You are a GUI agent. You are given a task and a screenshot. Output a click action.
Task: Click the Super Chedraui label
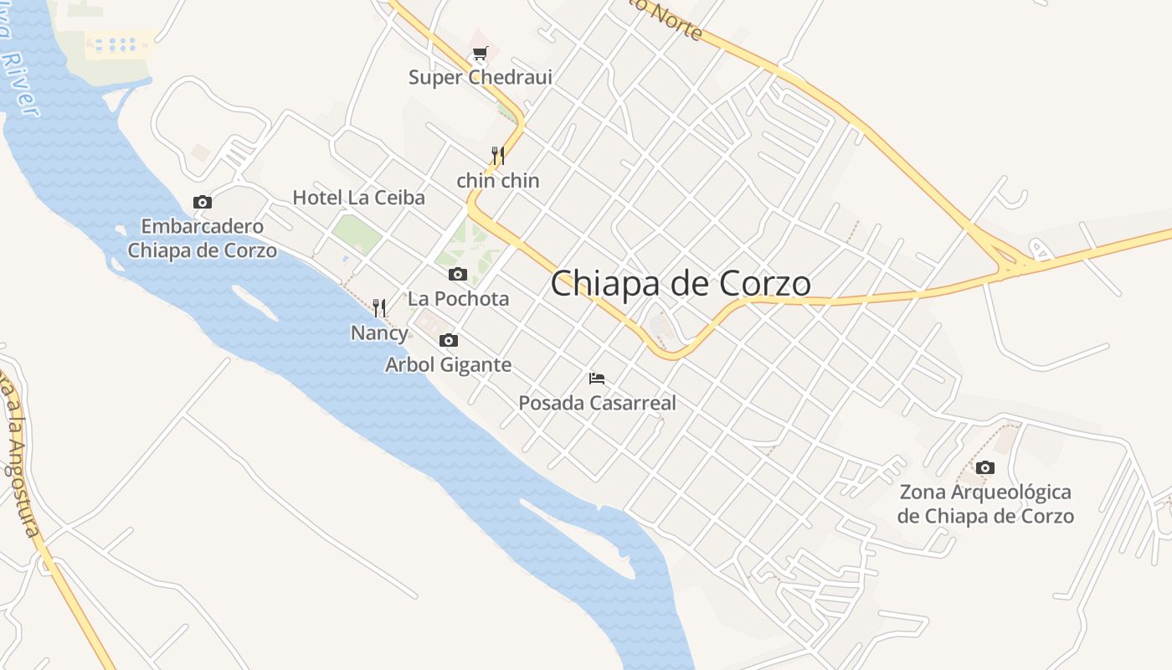[x=481, y=77]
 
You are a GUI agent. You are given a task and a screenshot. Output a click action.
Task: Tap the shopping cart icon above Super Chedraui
[x=480, y=54]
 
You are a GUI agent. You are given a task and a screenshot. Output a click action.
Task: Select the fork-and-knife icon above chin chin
[x=498, y=155]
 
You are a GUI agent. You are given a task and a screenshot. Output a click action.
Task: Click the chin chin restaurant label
[x=498, y=180]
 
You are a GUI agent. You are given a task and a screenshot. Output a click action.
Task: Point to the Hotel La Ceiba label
[x=358, y=198]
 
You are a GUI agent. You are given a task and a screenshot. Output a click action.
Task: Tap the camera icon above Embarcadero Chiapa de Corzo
[x=203, y=202]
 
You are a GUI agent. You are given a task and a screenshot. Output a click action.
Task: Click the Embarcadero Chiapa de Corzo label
[x=202, y=238]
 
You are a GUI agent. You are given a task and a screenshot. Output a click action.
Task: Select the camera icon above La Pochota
[x=458, y=274]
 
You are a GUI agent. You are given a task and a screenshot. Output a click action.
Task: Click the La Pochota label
[x=458, y=298]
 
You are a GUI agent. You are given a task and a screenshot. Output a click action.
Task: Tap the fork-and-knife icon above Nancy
[x=379, y=308]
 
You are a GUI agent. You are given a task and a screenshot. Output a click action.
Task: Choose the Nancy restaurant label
[x=379, y=332]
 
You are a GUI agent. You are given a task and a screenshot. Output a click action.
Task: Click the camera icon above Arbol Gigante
[x=449, y=340]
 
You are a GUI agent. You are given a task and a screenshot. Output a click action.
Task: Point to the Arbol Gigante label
[x=448, y=364]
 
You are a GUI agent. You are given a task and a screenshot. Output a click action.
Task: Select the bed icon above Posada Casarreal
[x=597, y=379]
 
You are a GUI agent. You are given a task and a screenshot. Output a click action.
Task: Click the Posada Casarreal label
[x=597, y=403]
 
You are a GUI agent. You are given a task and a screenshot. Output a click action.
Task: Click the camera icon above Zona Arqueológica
[x=985, y=467]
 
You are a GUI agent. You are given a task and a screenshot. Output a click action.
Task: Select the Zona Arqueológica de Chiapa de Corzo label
[x=985, y=503]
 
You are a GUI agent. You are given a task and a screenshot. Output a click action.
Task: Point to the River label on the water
[x=20, y=84]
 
